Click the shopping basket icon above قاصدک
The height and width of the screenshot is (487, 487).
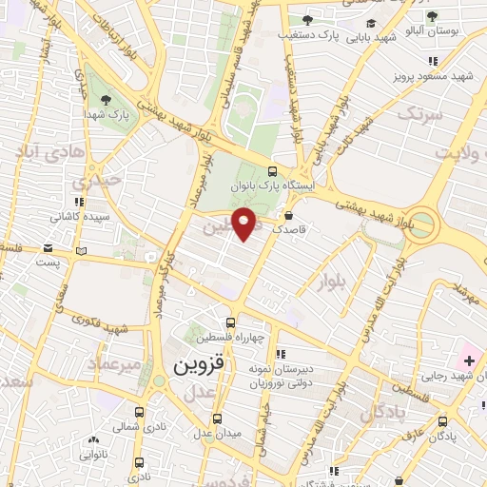point(288,215)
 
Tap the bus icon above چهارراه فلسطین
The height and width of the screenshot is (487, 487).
point(231,322)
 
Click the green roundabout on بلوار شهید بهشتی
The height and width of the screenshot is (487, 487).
point(424,227)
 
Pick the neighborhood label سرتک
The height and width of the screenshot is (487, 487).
point(421,115)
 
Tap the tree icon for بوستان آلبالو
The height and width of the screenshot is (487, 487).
point(433,18)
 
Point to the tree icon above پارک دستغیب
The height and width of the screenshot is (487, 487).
point(306,19)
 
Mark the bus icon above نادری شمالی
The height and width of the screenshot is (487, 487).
point(140,413)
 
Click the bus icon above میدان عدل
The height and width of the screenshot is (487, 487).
point(217,418)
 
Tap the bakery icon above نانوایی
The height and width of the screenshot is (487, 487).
point(93,440)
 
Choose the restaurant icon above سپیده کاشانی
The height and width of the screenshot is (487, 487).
point(79,202)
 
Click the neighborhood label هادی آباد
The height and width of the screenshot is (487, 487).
point(52,150)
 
